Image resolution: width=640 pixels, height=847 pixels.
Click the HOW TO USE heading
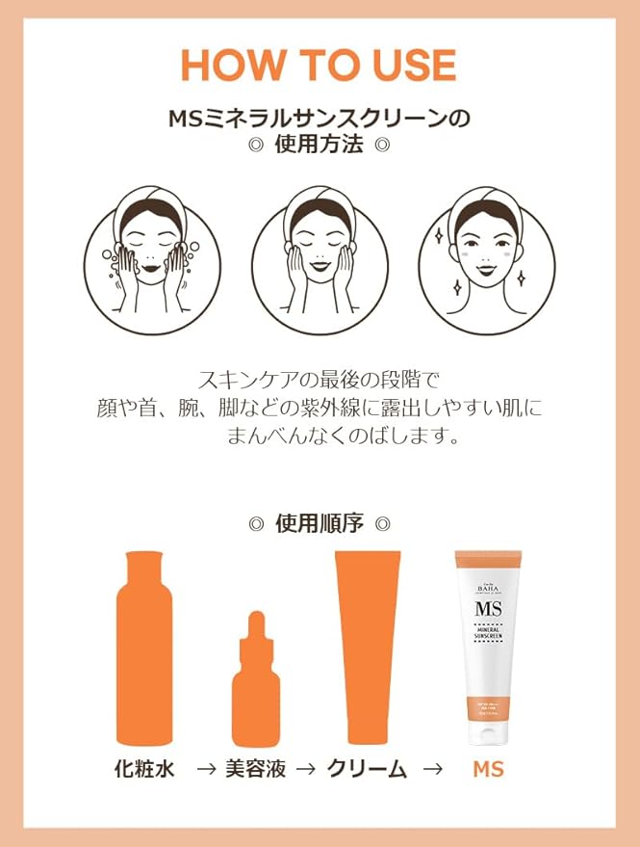(x=319, y=65)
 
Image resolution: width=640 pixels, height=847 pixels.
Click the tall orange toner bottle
(x=145, y=648)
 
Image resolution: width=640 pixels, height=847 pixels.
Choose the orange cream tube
(x=367, y=648)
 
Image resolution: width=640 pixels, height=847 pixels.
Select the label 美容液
(x=255, y=770)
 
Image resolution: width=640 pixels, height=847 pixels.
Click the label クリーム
(x=367, y=770)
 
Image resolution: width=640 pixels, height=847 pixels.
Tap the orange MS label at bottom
(x=488, y=770)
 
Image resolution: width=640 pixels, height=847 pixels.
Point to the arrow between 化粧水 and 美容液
(x=204, y=770)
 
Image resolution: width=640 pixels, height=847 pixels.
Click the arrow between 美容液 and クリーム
(x=306, y=770)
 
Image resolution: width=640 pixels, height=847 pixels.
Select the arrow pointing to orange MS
(x=433, y=770)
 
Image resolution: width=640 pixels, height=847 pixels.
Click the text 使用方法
(x=319, y=146)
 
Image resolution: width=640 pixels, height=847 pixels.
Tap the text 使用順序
(x=319, y=524)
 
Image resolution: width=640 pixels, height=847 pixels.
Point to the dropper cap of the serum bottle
(x=257, y=629)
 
